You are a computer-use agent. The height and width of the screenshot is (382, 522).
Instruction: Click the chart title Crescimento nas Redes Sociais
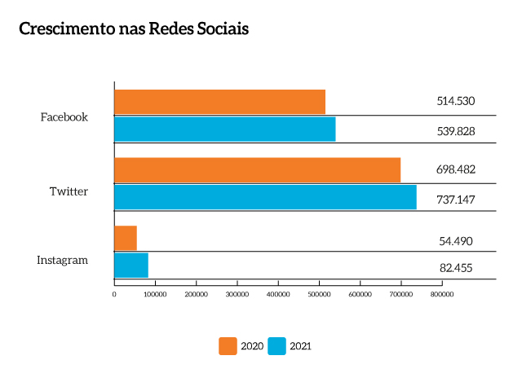click(133, 29)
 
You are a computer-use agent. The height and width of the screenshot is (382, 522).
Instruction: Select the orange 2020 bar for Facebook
click(219, 102)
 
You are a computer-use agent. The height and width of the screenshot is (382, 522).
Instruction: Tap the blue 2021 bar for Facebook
click(224, 130)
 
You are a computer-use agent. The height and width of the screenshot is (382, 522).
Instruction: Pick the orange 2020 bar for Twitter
click(257, 170)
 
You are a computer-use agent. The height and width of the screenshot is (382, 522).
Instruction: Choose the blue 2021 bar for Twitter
click(265, 197)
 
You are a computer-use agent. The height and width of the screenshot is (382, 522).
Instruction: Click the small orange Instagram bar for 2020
click(126, 238)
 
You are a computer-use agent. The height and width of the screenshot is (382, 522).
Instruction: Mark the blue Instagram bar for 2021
click(131, 266)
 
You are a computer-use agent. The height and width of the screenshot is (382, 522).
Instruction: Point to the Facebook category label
click(64, 116)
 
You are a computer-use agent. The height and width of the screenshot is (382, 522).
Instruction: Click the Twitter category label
click(69, 191)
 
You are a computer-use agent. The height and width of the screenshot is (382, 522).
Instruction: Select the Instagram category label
click(62, 260)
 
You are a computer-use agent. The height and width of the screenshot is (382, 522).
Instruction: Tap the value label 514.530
click(455, 102)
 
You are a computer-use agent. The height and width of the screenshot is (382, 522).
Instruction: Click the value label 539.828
click(455, 130)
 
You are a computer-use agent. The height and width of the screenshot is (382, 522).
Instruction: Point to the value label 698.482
click(455, 170)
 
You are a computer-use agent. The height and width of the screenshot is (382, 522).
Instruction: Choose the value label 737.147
click(455, 198)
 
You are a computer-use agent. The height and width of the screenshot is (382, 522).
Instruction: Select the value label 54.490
click(455, 241)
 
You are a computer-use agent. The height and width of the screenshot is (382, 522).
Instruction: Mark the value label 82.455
click(455, 268)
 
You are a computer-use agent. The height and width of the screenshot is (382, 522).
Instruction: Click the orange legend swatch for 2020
click(228, 346)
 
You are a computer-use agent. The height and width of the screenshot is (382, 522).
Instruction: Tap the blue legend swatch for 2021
click(277, 346)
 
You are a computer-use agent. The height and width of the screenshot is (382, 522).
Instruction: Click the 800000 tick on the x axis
click(441, 294)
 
